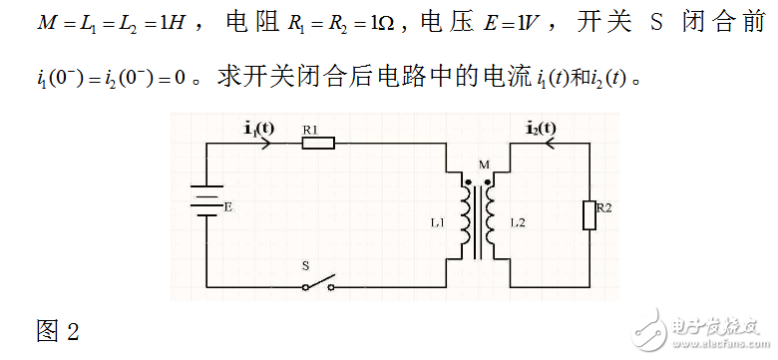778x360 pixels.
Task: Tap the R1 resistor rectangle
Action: pyautogui.click(x=317, y=144)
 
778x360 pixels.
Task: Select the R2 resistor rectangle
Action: pyautogui.click(x=588, y=214)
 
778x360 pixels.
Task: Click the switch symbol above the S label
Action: pyautogui.click(x=318, y=285)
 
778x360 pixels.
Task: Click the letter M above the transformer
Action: pyautogui.click(x=485, y=164)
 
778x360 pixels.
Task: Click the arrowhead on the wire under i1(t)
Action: pyautogui.click(x=265, y=144)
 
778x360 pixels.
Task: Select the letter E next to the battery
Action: pyautogui.click(x=228, y=209)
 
